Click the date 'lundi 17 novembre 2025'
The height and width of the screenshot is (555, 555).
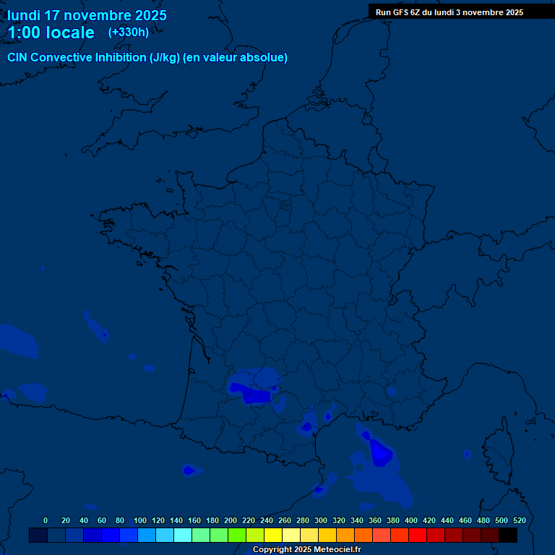(x=87, y=15)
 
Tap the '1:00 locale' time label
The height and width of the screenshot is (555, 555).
(x=51, y=33)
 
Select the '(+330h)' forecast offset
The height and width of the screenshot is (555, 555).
(x=129, y=33)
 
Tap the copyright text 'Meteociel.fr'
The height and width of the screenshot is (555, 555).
(x=337, y=549)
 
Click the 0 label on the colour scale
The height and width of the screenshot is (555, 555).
(x=46, y=520)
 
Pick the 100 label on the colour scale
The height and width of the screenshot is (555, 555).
(x=139, y=520)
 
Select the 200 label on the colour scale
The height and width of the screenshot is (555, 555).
(x=231, y=520)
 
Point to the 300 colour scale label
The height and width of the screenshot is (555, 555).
(x=321, y=520)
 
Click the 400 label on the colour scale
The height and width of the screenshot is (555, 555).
(x=411, y=520)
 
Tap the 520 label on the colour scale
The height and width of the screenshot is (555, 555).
(x=519, y=520)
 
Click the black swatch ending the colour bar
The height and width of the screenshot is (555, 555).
(x=508, y=535)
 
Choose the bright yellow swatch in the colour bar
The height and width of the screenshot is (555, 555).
(x=273, y=535)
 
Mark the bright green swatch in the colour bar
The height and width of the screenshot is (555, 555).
(x=237, y=535)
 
